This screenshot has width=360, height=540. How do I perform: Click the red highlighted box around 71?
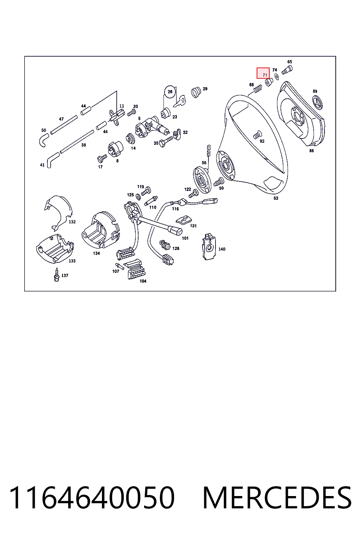point(263,73)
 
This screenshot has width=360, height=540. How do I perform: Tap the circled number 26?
point(170,92)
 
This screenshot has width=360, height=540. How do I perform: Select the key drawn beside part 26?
point(180,101)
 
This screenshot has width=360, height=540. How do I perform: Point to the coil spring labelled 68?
point(258,89)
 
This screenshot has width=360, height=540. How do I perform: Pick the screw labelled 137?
point(57,275)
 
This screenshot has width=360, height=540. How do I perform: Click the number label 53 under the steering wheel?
point(276,198)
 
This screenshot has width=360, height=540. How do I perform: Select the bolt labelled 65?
point(287,70)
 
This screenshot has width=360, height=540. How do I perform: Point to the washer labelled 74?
point(277,77)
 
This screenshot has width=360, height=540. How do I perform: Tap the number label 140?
point(222,249)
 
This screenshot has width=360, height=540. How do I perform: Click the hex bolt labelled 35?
point(166,142)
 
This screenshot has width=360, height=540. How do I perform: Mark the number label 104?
point(143,281)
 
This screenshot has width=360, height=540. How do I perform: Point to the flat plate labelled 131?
point(184,220)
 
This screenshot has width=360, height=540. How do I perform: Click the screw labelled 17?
point(102,159)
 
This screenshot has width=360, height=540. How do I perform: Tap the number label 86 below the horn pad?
point(311,151)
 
